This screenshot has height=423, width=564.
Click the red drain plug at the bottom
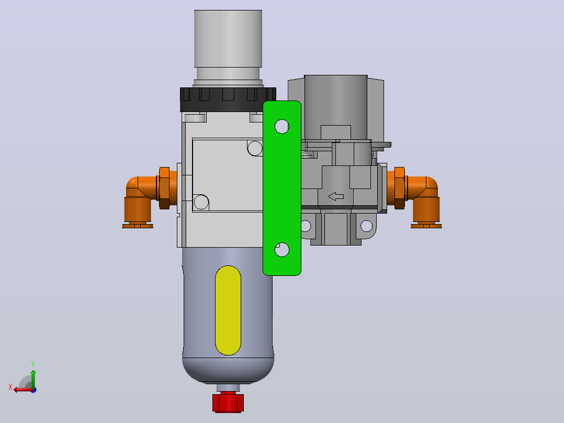228,402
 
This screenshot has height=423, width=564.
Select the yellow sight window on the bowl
228,310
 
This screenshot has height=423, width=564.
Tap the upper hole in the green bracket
281,126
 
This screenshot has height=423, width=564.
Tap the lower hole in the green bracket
281,250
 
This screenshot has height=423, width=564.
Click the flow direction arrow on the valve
336,196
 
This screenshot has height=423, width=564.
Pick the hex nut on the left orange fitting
164,188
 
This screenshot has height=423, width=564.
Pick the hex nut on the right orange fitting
400,188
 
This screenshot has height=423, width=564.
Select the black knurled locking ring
228,99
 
